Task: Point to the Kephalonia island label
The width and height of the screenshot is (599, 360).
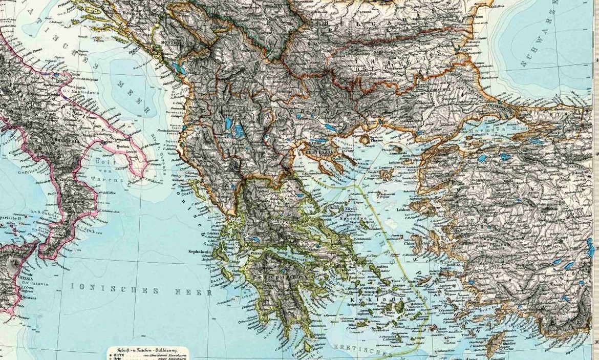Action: tap(197, 252)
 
